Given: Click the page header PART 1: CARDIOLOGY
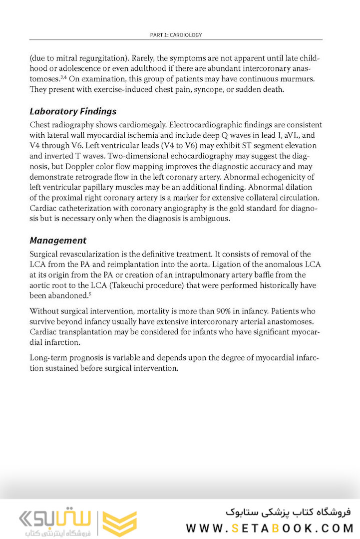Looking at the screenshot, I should click(176, 35).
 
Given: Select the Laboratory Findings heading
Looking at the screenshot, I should click(73, 111).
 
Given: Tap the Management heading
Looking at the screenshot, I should click(58, 240).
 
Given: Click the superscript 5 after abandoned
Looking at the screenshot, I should click(90, 294).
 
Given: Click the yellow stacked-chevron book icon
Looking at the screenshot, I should click(119, 523).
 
